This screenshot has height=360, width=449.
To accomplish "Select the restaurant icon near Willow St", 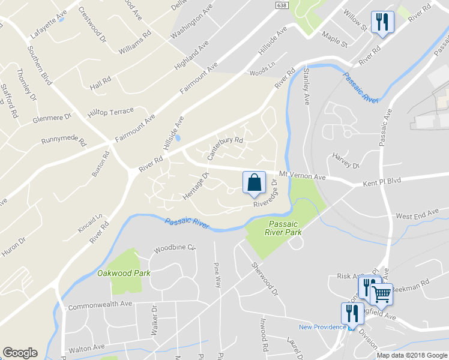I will pyautogui.click(x=382, y=22).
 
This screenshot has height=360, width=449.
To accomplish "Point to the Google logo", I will pyautogui.click(x=20, y=353).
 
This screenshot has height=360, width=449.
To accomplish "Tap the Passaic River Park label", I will pyautogui.click(x=284, y=227).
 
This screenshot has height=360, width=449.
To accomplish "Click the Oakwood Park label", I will pyautogui.click(x=123, y=273).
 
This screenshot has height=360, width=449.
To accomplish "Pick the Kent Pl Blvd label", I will pyautogui.click(x=381, y=180).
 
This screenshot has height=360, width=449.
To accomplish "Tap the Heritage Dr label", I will pyautogui.click(x=194, y=186).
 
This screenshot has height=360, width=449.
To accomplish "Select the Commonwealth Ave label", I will pyautogui.click(x=99, y=305).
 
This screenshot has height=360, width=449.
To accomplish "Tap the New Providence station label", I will pyautogui.click(x=322, y=327).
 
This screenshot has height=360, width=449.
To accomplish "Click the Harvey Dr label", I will pyautogui.click(x=346, y=161).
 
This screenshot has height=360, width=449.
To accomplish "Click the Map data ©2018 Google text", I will pyautogui.click(x=412, y=355).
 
